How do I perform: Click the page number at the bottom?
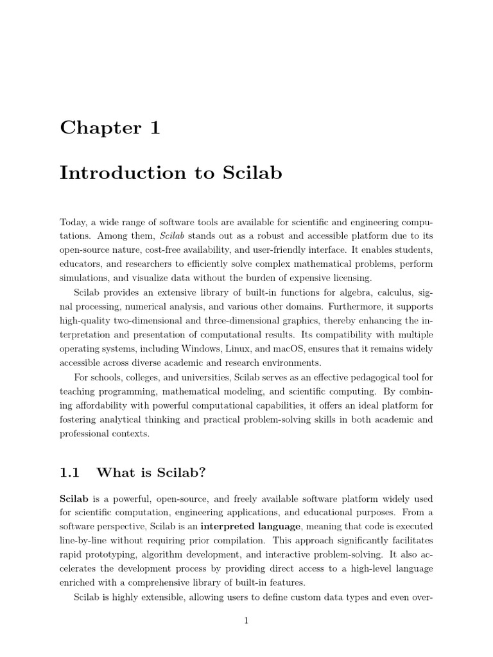[x=246, y=620]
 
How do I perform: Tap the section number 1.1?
[x=69, y=473]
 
